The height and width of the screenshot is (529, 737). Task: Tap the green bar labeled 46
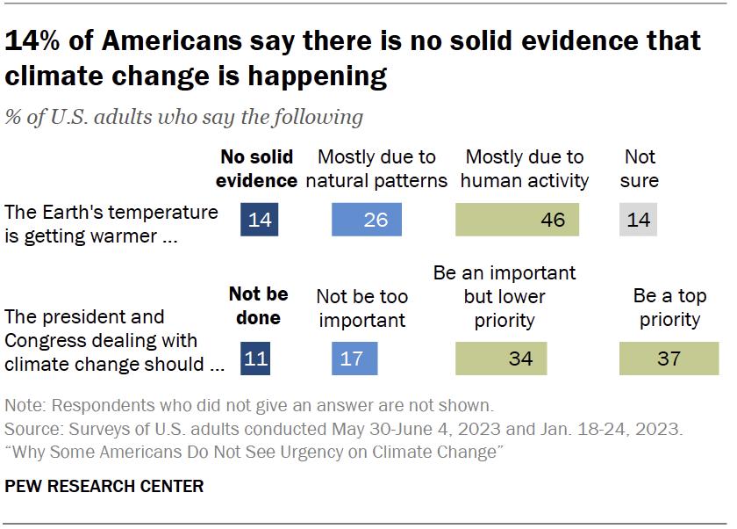(517, 219)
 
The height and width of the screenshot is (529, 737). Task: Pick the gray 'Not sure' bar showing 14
(638, 219)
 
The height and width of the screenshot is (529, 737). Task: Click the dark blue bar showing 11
(256, 359)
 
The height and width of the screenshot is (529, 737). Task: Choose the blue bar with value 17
(355, 359)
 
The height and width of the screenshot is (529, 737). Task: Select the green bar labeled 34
(500, 359)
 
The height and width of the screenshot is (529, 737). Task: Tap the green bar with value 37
(669, 359)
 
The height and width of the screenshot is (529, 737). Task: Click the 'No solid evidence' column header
(258, 169)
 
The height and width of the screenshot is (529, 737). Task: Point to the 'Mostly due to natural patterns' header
(376, 169)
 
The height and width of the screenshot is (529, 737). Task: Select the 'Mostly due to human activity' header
(524, 169)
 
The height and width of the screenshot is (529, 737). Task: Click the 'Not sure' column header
(640, 169)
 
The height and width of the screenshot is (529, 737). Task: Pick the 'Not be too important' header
(361, 307)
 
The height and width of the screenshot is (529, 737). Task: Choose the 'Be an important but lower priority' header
(504, 295)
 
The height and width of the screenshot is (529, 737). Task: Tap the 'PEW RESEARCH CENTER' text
(104, 486)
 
